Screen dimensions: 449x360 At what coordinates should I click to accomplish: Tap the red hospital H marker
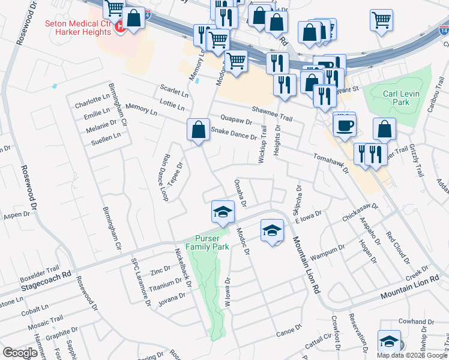[120, 27]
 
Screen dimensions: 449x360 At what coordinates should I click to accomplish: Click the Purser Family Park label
[207, 242]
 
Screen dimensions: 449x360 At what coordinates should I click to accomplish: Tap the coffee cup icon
[344, 125]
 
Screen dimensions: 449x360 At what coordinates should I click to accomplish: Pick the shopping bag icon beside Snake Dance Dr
[198, 129]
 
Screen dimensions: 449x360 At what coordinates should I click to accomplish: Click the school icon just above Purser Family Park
[222, 212]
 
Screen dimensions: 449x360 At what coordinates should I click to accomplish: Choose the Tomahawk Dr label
[331, 163]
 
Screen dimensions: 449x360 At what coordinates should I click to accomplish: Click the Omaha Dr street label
[241, 193]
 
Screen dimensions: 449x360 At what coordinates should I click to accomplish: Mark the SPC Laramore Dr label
[142, 282]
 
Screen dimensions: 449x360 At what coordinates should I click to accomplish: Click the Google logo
[20, 353]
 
